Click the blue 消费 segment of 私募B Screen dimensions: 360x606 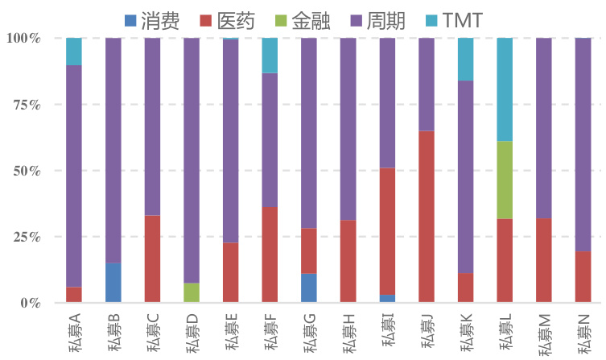coord(113,283)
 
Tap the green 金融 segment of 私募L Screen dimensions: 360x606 coord(505,180)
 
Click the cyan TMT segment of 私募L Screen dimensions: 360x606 coord(505,89)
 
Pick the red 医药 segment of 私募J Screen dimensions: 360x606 coord(427,217)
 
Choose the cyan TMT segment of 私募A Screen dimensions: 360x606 coord(73,52)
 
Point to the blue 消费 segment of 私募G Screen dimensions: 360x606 coord(309,288)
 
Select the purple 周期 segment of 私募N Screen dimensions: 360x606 coord(583,144)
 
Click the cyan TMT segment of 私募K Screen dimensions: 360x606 coord(465,59)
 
